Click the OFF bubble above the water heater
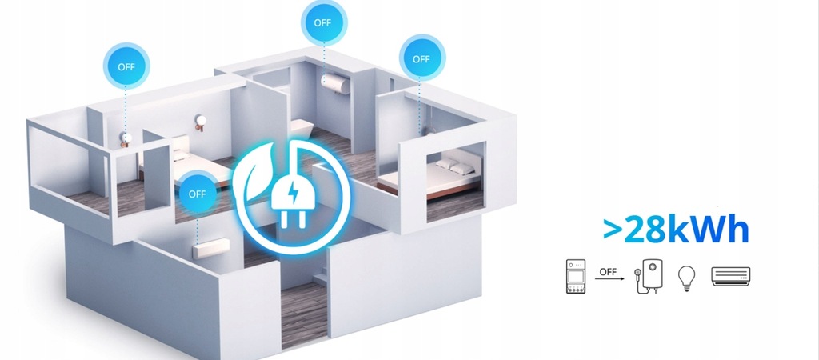322,22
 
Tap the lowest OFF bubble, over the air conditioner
197,194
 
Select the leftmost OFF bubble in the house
126,66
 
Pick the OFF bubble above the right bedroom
421,58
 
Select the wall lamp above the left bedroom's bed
200,122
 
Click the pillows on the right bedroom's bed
449,165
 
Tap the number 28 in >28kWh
645,230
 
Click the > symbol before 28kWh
613,230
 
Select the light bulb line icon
685,276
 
